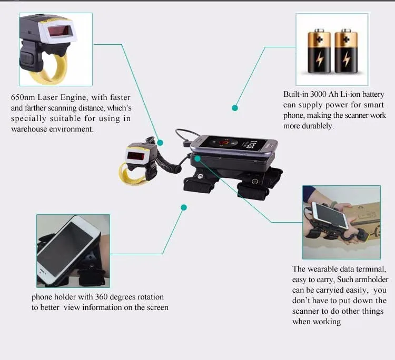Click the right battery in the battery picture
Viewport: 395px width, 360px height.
coord(346,51)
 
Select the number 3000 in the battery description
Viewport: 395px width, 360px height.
coord(319,94)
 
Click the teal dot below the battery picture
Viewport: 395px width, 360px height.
coord(235,108)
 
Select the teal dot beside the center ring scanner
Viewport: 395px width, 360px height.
coord(160,143)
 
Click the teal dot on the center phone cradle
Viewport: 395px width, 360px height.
coord(197,158)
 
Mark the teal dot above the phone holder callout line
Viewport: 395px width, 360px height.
coord(184,207)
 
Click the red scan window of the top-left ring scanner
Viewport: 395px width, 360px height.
coord(61,32)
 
